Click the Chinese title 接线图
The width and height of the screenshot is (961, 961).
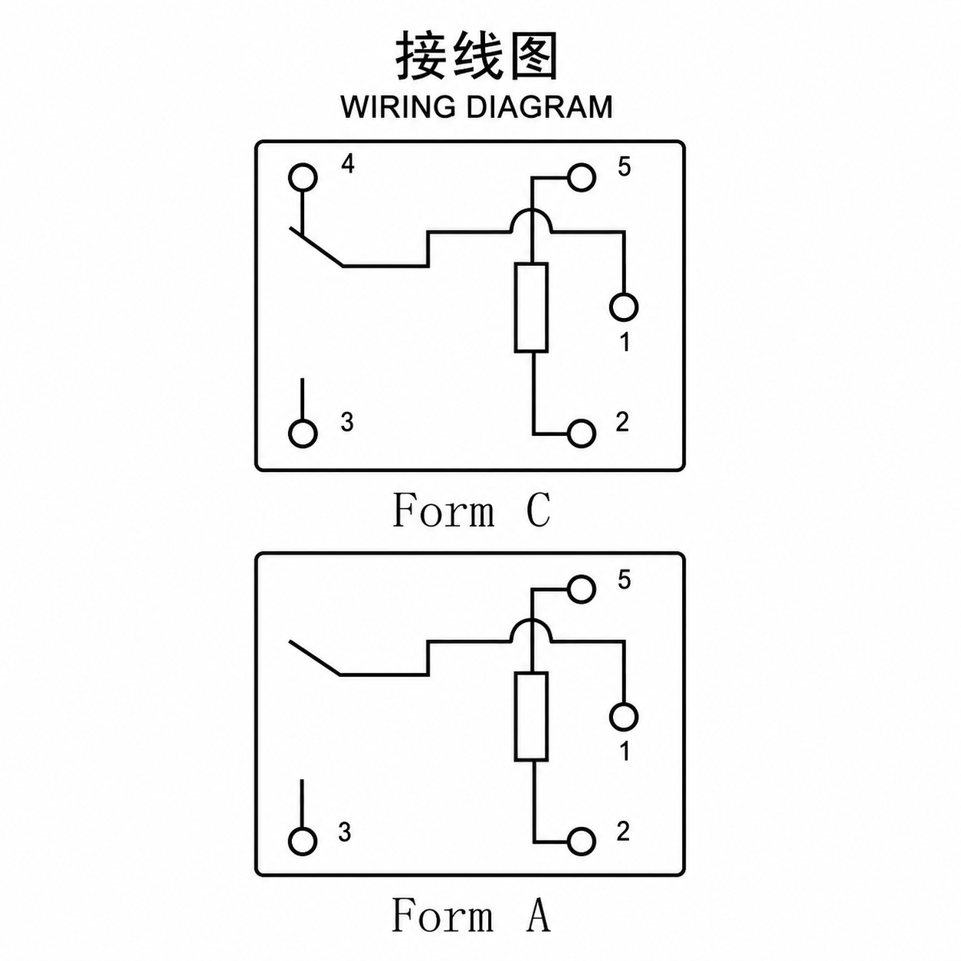[x=476, y=56]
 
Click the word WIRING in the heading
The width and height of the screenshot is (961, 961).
[x=399, y=107]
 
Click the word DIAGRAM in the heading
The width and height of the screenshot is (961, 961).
[x=540, y=107]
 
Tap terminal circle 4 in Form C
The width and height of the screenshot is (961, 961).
[x=303, y=178]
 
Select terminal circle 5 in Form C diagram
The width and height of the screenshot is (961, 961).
[x=582, y=178]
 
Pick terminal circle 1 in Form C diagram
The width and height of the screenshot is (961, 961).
[x=624, y=307]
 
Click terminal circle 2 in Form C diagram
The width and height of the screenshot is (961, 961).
[x=582, y=433]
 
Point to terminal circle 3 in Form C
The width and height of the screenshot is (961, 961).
[x=303, y=433]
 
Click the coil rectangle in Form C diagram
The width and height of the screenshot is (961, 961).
[x=532, y=308]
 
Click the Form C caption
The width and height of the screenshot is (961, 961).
[x=471, y=510]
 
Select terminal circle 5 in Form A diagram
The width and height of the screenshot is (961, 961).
[x=582, y=589]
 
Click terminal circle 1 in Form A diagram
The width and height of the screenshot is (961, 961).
[x=624, y=717]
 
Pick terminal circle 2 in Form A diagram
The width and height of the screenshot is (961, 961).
[x=582, y=841]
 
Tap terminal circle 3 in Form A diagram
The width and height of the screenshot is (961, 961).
[x=303, y=841]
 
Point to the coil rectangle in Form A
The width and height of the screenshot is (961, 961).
[x=532, y=717]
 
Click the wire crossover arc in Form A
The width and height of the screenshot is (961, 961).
[x=532, y=621]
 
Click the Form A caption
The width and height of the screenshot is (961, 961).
[x=471, y=914]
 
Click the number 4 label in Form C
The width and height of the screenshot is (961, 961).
[x=348, y=163]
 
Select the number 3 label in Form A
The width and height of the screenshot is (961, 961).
[x=345, y=831]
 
